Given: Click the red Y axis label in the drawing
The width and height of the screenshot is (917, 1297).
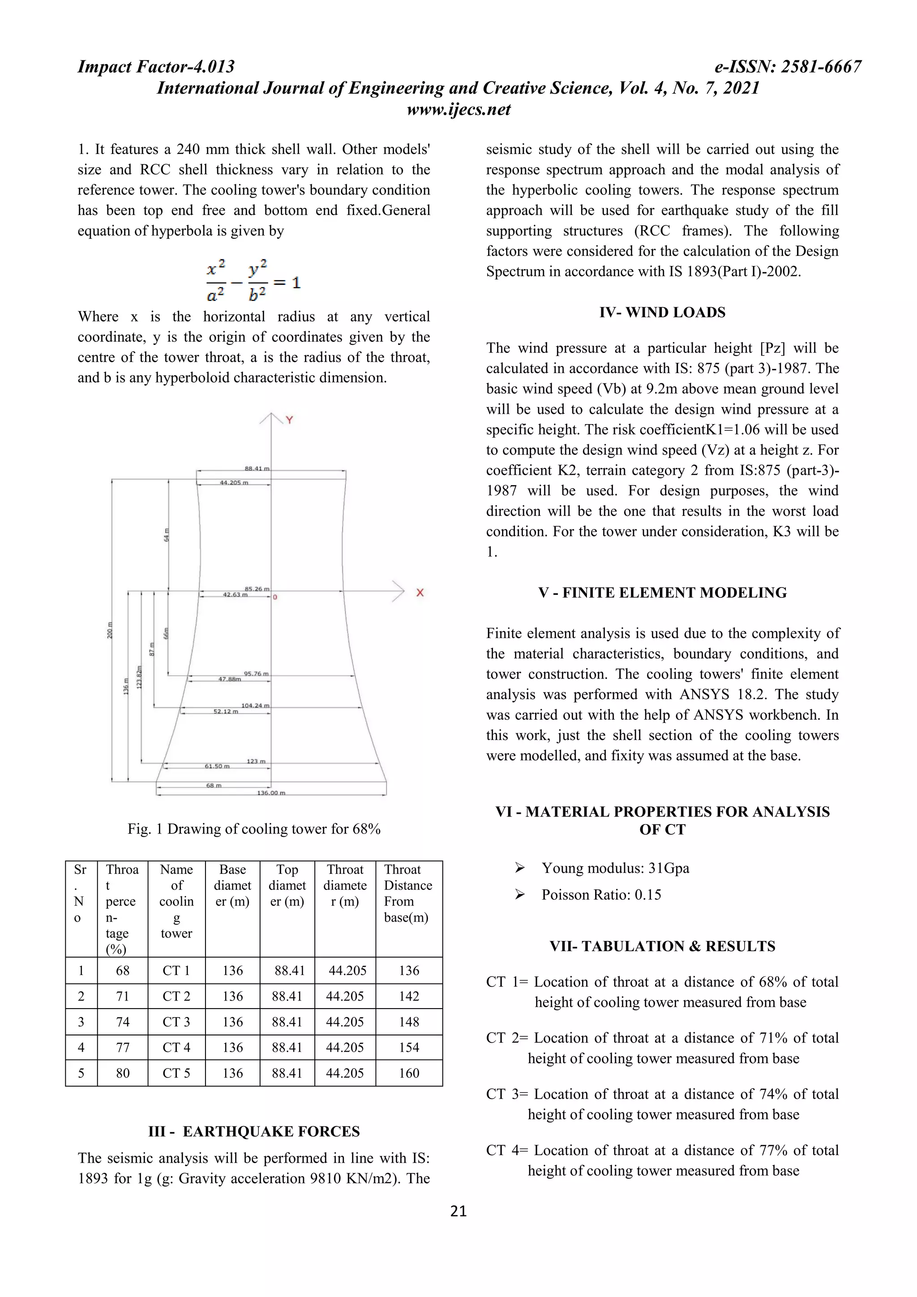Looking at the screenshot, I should [289, 420].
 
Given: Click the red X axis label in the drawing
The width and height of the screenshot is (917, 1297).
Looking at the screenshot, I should [420, 593].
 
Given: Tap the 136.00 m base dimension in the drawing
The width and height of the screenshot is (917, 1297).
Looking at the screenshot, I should [271, 793].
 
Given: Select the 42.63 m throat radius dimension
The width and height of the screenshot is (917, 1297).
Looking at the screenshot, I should [235, 595].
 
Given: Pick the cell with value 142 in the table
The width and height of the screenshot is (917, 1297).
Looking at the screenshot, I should [409, 996].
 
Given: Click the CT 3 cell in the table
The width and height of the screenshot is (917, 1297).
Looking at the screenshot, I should [176, 1022].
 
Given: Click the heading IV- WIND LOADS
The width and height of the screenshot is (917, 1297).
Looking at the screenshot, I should [662, 313].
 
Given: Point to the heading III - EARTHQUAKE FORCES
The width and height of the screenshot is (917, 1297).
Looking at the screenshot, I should [253, 1131].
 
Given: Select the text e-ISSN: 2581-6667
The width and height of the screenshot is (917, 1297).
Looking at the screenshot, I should [788, 67].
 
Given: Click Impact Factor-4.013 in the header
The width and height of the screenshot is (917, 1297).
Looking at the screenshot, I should [156, 67].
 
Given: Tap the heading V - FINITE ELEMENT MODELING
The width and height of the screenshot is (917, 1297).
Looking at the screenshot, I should [662, 593].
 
